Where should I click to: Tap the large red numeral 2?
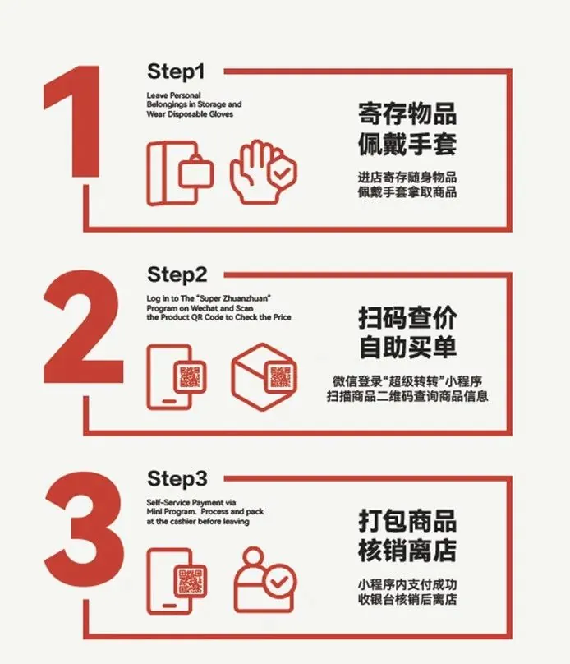click(x=83, y=326)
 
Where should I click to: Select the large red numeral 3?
click(x=85, y=530)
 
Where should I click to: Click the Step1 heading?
click(x=176, y=72)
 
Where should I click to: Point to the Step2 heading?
click(x=177, y=275)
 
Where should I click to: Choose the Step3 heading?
click(x=177, y=479)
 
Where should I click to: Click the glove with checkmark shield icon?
click(x=263, y=173)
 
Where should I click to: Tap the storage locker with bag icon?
click(x=180, y=173)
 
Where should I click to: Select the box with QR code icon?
click(x=264, y=377)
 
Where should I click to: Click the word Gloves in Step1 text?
click(x=220, y=114)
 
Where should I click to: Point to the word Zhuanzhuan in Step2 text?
click(x=246, y=298)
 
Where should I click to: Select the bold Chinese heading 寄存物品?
click(x=407, y=113)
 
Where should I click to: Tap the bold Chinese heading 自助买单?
click(x=408, y=348)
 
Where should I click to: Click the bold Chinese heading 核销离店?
click(x=407, y=551)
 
